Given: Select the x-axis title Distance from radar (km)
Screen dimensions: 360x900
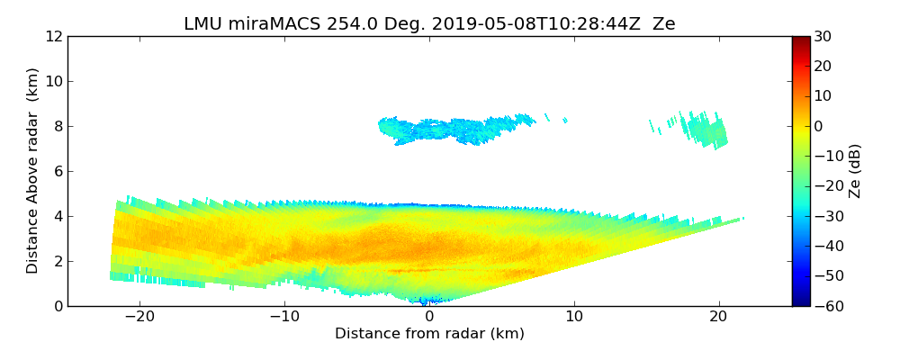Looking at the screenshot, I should [429, 334].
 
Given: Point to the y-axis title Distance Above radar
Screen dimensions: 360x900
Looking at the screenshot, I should [33, 170].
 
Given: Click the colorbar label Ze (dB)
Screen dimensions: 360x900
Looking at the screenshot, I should [855, 170].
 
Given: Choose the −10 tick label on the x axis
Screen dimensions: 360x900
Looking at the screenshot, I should [284, 317].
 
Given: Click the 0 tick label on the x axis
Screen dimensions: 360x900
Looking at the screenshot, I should [429, 317].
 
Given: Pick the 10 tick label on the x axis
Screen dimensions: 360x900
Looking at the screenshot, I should [574, 317].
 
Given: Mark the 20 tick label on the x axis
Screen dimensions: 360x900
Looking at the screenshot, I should [719, 317].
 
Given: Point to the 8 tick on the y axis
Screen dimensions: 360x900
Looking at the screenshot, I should [58, 126].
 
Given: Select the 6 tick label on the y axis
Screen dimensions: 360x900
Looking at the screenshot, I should [58, 171].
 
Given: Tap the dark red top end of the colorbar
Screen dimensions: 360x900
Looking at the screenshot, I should [801, 40].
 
